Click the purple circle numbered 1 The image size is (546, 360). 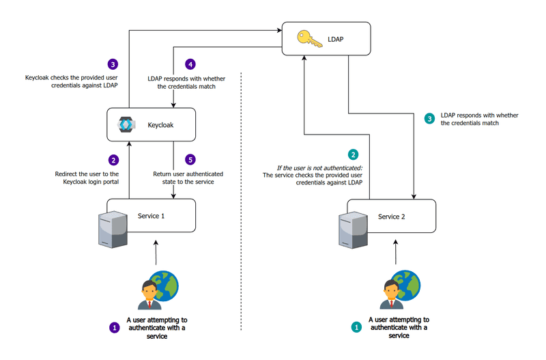coord(115,327)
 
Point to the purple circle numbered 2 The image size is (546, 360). coord(114,160)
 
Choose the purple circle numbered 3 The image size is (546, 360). coord(113,64)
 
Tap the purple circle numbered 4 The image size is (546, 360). coord(191,64)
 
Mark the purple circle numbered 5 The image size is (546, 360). coord(191,160)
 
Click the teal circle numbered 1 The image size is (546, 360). coord(356,327)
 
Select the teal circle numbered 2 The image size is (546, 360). coord(353,154)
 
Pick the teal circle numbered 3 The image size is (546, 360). coord(429,118)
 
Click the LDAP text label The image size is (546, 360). coord(336,40)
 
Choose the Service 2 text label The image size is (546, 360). coord(392,216)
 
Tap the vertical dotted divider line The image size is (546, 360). coord(242,205)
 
